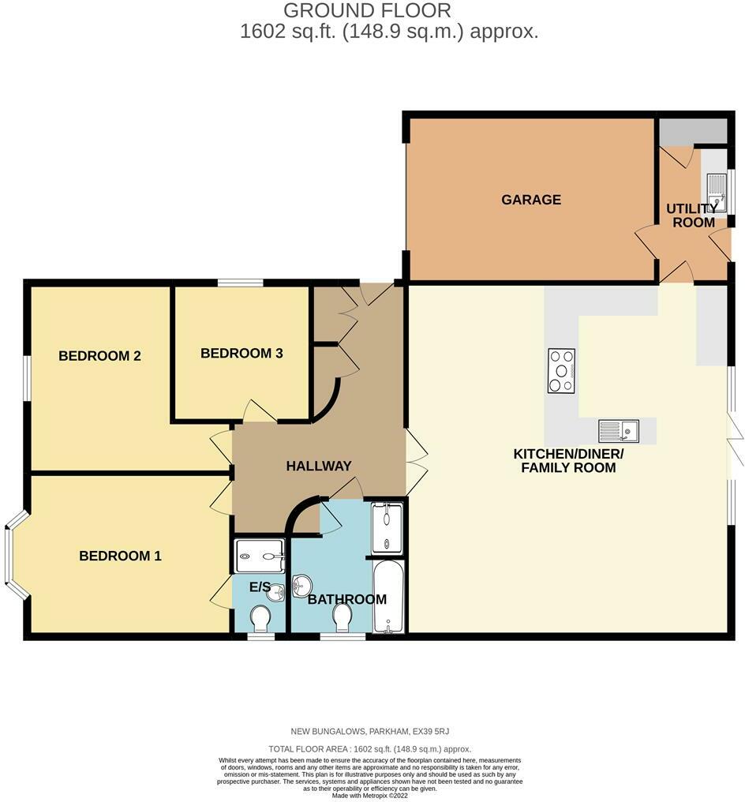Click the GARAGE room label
tap(531, 200)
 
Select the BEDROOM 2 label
tap(99, 356)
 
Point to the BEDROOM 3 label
tap(241, 353)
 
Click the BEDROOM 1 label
tap(120, 557)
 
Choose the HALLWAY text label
tap(318, 467)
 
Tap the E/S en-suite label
tap(260, 587)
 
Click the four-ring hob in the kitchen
tap(561, 370)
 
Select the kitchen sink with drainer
tap(618, 431)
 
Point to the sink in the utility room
tap(716, 193)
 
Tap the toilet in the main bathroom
tap(343, 617)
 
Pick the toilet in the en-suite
tap(260, 619)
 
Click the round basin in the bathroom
tap(302, 586)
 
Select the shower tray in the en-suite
tap(260, 557)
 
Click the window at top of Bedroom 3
tap(241, 283)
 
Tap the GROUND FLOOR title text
tap(367, 10)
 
